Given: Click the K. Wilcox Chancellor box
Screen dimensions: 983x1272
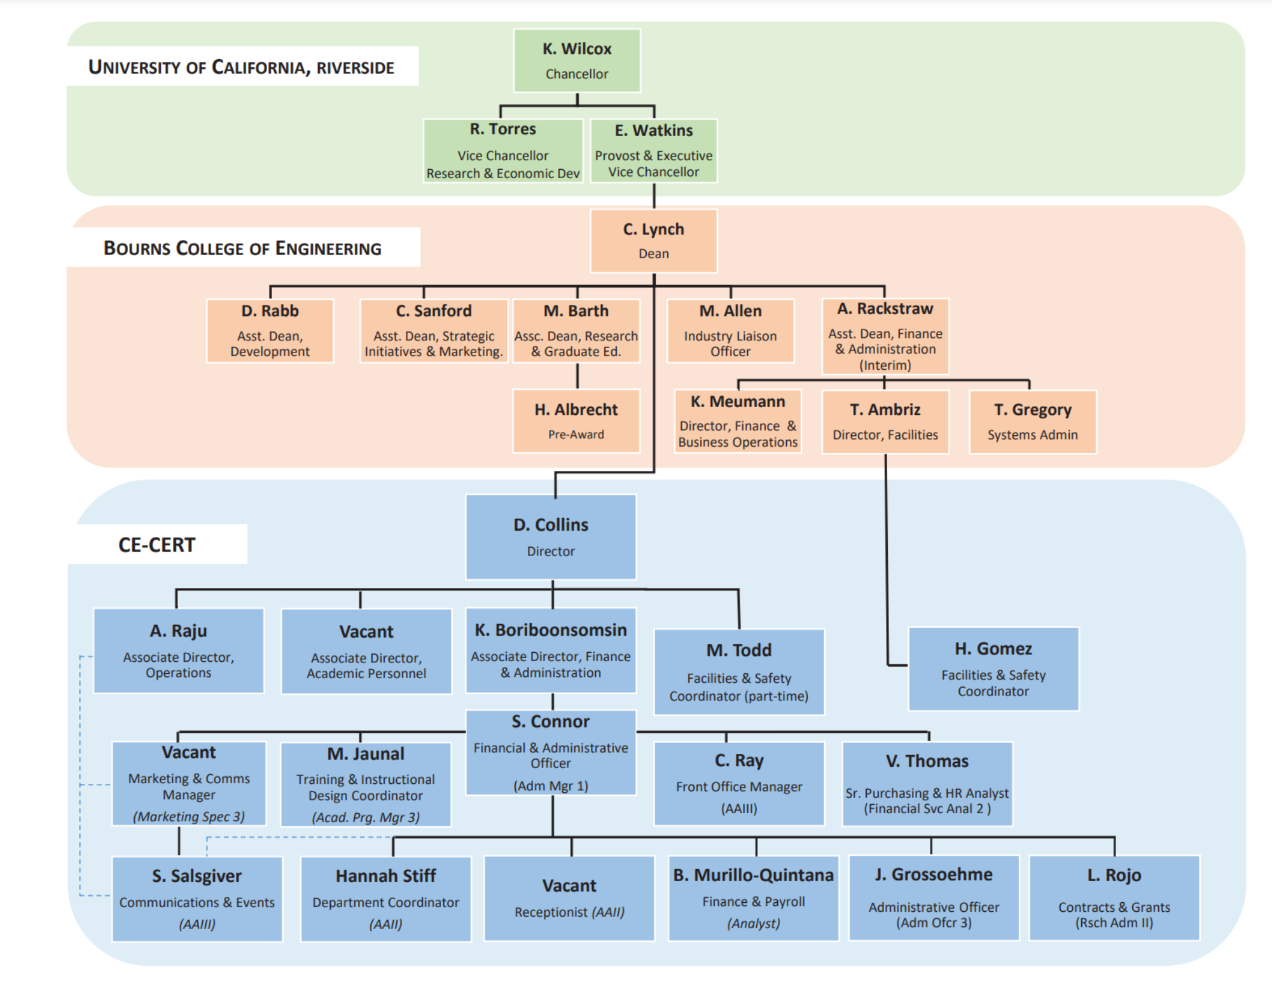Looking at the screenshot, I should (x=577, y=60).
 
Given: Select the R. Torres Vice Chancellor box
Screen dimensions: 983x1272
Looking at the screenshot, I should (x=503, y=151).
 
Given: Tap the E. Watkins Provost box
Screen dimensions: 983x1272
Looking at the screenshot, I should (x=654, y=151).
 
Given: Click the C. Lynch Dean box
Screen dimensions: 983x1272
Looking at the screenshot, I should (x=654, y=241).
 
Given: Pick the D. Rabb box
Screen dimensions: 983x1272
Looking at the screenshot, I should (x=270, y=331).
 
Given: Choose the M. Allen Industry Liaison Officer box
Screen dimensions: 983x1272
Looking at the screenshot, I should (x=730, y=331).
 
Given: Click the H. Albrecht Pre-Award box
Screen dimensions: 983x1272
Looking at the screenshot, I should (x=576, y=421).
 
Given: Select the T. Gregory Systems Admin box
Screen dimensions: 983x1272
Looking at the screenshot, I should (x=1032, y=422).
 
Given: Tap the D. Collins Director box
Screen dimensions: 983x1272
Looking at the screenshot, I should (x=551, y=537).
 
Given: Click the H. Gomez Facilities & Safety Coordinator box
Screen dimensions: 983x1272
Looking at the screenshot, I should (x=993, y=669).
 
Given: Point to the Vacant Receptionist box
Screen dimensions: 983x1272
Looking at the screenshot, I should (x=569, y=898).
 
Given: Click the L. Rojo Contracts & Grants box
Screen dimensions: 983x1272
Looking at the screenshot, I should (x=1114, y=898).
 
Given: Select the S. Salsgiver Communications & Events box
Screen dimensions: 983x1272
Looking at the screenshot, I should (x=197, y=898).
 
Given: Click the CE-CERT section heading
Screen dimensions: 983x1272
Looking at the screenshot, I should (x=157, y=545).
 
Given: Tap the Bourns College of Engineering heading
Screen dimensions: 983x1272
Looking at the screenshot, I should (x=242, y=248).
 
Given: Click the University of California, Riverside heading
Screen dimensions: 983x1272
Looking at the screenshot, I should (x=241, y=67).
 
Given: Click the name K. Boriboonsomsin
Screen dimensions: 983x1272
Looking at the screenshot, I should (x=551, y=630).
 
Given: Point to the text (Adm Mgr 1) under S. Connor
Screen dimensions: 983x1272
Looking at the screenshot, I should (x=551, y=786).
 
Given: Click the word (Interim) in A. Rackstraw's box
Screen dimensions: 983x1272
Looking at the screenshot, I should (x=885, y=365).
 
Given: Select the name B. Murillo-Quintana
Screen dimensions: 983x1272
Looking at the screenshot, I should (x=754, y=875).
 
